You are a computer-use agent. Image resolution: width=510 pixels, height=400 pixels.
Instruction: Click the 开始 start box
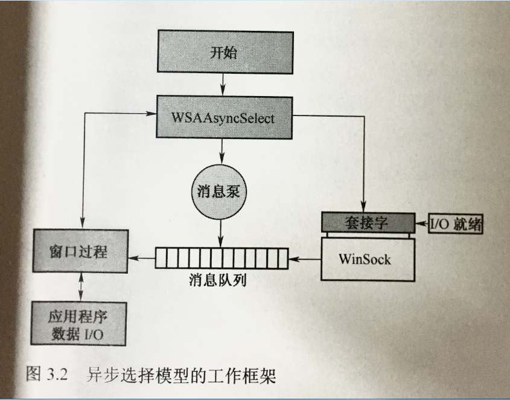click(223, 53)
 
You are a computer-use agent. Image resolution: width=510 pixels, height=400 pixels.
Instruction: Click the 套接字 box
click(368, 222)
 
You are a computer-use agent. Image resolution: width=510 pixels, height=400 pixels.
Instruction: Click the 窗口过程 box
click(80, 251)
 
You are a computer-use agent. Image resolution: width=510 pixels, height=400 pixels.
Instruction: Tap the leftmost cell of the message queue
click(161, 258)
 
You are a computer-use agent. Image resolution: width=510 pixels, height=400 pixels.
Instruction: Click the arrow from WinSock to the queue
click(304, 259)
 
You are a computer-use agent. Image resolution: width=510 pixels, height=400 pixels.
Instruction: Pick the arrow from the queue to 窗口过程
click(142, 259)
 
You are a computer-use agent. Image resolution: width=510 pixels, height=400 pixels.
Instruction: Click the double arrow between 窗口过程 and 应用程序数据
click(80, 286)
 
